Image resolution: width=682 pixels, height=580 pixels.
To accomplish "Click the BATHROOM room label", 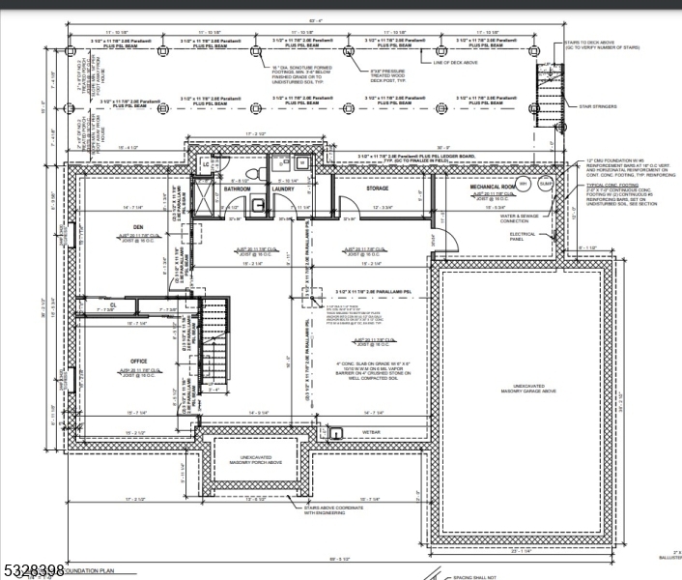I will pos(238,188).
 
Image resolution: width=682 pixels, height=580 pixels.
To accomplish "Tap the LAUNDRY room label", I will pos(283,188).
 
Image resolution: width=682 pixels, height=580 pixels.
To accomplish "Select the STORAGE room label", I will pos(378,188).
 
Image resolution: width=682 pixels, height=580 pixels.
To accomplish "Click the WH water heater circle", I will pos(524,183).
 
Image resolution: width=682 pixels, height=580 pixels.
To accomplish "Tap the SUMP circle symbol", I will pos(544,183).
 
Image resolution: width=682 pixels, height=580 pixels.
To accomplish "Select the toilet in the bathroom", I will pos(249,172).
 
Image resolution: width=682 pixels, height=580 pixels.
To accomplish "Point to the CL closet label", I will pos(113,304).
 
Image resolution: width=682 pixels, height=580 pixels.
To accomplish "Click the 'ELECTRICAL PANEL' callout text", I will pos(522,236).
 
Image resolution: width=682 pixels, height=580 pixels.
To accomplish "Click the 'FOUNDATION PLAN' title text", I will pos(92,572).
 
